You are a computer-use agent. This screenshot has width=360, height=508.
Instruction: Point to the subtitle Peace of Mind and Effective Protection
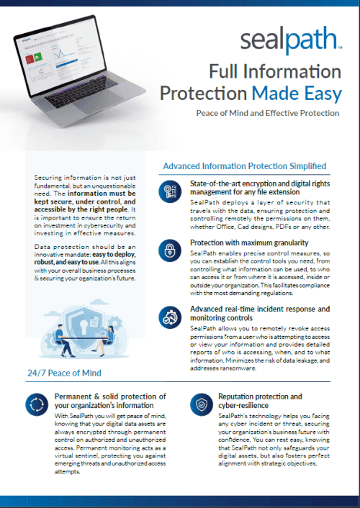coord(267,113)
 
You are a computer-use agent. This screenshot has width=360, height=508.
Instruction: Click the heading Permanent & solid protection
coord(110,401)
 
